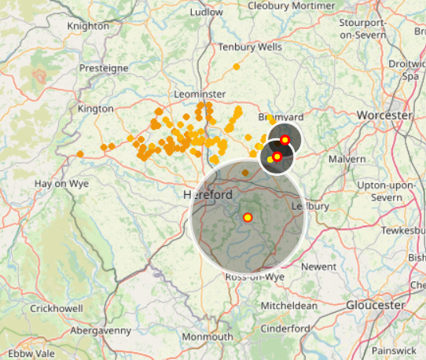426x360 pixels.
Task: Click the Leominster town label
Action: click(x=199, y=94)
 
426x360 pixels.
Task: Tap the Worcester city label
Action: click(x=384, y=115)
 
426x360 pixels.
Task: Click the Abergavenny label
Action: click(x=101, y=331)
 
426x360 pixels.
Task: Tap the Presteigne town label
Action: click(x=102, y=68)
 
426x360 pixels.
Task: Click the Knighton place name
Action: click(x=89, y=26)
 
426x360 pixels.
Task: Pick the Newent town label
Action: click(x=318, y=267)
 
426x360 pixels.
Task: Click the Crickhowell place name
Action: click(x=57, y=309)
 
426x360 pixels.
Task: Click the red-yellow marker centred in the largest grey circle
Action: click(x=247, y=218)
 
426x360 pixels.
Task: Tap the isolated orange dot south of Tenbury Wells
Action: click(x=236, y=67)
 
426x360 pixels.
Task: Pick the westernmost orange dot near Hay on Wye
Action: click(x=80, y=154)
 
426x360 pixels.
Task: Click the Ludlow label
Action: click(x=207, y=13)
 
